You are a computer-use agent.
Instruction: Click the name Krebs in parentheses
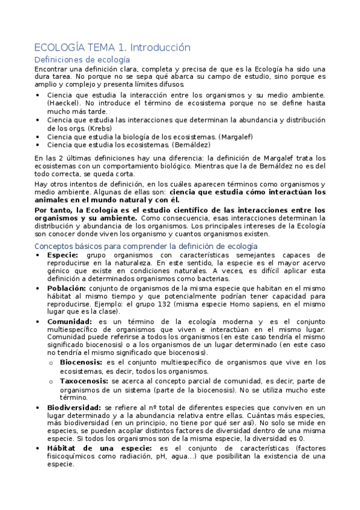pos(99,128)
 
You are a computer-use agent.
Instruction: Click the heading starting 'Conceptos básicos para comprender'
pos(146,247)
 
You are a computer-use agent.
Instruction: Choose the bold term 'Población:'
pos(67,289)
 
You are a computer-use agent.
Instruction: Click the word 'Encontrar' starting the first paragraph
pos(53,69)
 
